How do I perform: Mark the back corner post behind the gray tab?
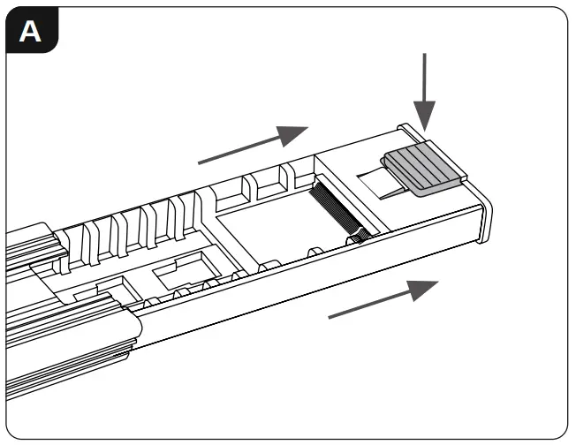tap(409, 132)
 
